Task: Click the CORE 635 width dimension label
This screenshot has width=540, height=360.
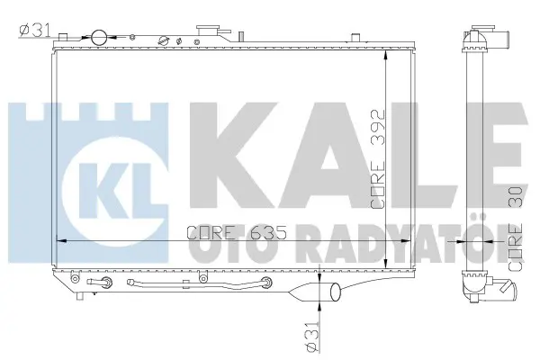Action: tap(236, 233)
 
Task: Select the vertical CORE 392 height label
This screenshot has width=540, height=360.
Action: tap(377, 158)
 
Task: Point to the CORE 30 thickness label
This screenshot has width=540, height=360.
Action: tap(515, 229)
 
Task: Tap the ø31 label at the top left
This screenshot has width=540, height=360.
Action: tap(35, 31)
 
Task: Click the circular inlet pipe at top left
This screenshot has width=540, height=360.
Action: tap(99, 38)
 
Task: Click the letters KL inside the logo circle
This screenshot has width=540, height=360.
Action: tap(116, 191)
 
